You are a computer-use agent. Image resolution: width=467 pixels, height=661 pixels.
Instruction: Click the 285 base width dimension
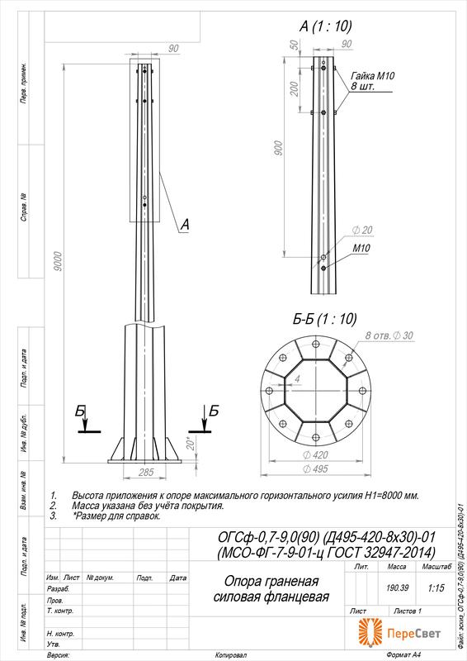click(145, 472)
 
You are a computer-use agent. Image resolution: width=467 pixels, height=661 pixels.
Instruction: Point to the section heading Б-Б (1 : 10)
click(325, 319)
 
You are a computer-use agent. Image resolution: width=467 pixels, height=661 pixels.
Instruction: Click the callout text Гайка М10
click(373, 75)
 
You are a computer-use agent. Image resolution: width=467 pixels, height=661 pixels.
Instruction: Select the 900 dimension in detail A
click(279, 149)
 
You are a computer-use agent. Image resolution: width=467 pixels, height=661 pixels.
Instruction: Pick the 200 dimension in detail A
click(295, 88)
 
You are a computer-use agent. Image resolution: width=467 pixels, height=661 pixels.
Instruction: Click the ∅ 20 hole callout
click(362, 229)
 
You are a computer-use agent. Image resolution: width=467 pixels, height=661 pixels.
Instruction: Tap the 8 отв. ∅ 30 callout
click(390, 335)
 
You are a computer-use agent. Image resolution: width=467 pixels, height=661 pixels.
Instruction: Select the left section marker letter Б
click(79, 411)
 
